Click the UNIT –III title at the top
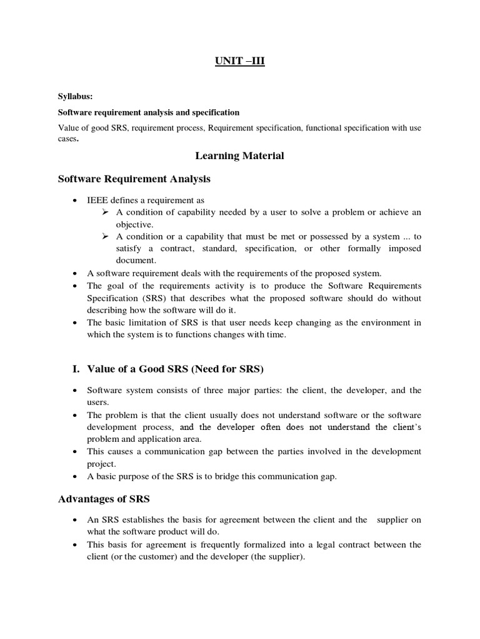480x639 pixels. [240, 63]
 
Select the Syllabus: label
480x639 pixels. [75, 97]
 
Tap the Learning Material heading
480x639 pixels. [240, 156]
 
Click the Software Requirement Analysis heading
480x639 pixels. [134, 179]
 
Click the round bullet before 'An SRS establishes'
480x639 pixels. [76, 520]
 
